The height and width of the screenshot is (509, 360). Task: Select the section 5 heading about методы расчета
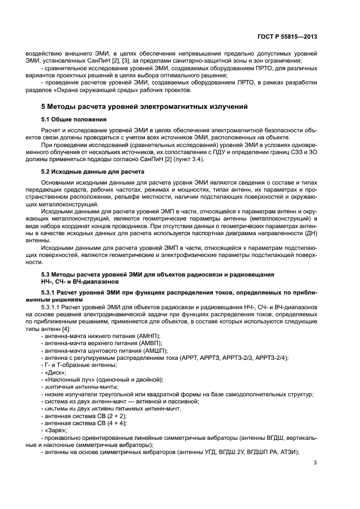pyautogui.click(x=145, y=106)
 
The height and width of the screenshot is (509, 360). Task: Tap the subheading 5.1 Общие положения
pyautogui.click(x=74, y=119)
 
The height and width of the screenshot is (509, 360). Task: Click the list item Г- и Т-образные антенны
pyautogui.click(x=81, y=365)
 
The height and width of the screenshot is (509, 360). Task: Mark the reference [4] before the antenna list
pyautogui.click(x=65, y=329)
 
